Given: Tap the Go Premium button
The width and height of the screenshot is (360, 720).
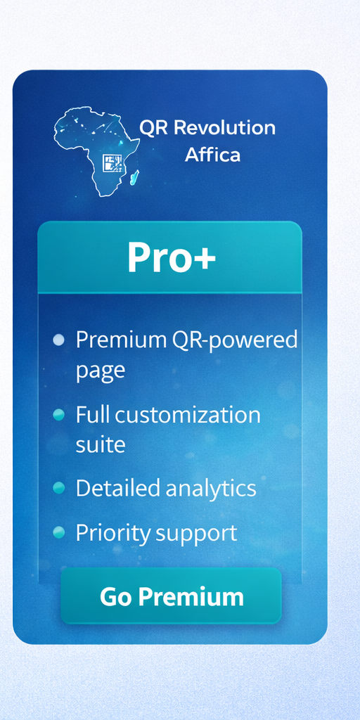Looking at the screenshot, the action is pyautogui.click(x=171, y=596).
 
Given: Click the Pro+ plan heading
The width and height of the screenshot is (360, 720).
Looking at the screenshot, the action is pyautogui.click(x=172, y=257).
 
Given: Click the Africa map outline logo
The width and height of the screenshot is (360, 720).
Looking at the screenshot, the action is pyautogui.click(x=97, y=151).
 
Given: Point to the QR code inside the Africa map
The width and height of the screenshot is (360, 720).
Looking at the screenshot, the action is pyautogui.click(x=112, y=163).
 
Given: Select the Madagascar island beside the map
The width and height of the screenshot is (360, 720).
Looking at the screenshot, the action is pyautogui.click(x=134, y=177).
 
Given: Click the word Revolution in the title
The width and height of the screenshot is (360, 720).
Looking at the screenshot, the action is pyautogui.click(x=224, y=127).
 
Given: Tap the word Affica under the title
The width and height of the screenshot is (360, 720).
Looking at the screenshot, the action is pyautogui.click(x=212, y=154).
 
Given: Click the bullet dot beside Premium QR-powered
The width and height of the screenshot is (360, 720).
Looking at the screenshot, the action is pyautogui.click(x=59, y=340).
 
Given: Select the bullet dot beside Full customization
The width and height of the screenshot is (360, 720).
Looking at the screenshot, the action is pyautogui.click(x=59, y=415).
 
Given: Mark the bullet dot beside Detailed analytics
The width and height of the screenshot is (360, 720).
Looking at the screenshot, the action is pyautogui.click(x=59, y=488).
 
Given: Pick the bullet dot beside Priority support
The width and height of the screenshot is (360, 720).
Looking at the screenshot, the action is pyautogui.click(x=59, y=532).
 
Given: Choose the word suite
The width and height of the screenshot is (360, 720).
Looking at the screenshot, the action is pyautogui.click(x=100, y=444).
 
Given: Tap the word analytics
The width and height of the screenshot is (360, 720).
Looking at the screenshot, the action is pyautogui.click(x=211, y=489).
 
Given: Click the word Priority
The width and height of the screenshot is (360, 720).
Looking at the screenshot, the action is pyautogui.click(x=113, y=534).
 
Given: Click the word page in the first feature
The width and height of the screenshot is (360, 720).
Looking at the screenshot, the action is pyautogui.click(x=100, y=370).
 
